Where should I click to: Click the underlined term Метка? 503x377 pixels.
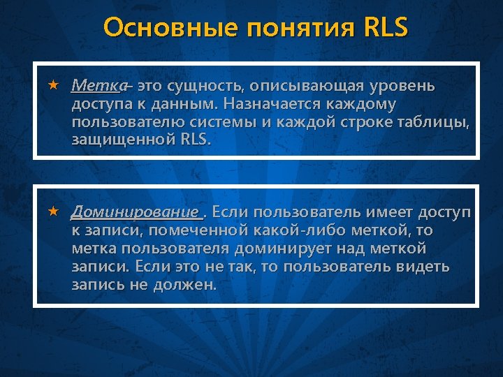98,86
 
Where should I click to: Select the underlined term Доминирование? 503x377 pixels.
135,212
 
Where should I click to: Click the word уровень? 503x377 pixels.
400,86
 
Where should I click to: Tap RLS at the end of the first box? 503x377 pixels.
194,140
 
